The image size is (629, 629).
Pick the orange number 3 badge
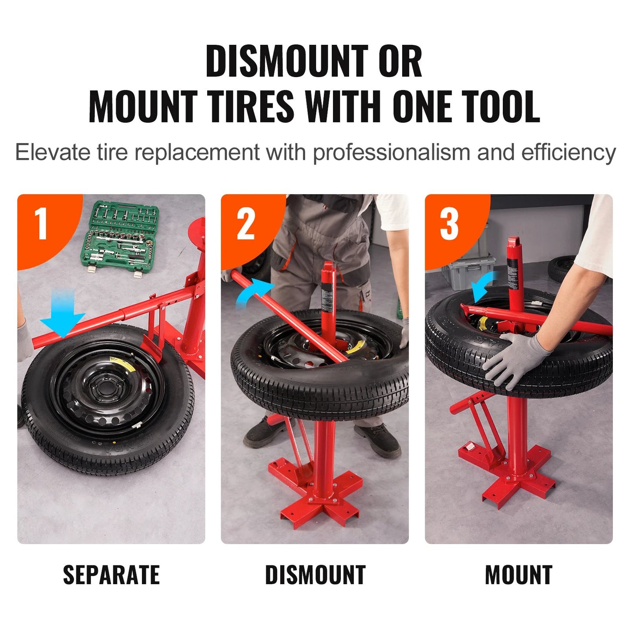click(x=450, y=224)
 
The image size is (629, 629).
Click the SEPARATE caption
click(x=111, y=575)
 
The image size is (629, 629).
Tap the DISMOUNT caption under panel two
click(x=315, y=575)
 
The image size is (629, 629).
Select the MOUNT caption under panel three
click(x=518, y=575)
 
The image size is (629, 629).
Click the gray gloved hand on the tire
click(x=518, y=357)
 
